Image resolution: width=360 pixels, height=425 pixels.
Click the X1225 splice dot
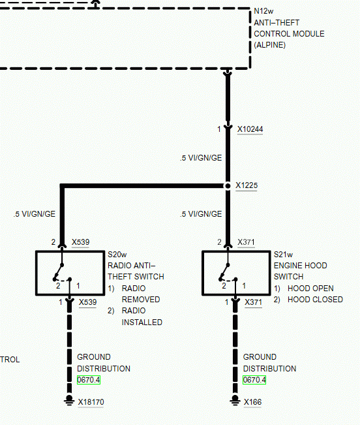tap(228, 185)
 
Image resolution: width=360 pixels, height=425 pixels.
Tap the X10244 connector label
tap(250, 129)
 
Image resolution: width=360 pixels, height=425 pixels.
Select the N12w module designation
tap(263, 11)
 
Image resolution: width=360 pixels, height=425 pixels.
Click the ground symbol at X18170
tap(69, 400)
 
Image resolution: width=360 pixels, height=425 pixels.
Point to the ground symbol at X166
tap(235, 400)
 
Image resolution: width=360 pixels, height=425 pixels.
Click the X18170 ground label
tap(91, 402)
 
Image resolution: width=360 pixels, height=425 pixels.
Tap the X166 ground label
tap(252, 402)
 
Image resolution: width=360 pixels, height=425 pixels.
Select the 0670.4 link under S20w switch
tap(89, 380)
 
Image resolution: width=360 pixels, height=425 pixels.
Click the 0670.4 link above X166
tap(254, 380)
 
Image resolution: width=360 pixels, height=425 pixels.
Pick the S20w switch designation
tap(117, 255)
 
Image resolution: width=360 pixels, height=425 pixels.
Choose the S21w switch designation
tap(283, 255)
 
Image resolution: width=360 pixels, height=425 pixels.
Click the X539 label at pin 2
tap(80, 242)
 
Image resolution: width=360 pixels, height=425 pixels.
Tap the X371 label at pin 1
tap(253, 302)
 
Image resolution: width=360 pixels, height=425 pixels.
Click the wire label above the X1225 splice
tap(201, 158)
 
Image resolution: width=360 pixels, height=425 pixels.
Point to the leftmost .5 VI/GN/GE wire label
tap(35, 214)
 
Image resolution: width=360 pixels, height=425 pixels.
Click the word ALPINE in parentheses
tap(269, 45)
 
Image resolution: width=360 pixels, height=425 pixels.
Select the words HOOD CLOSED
tap(316, 300)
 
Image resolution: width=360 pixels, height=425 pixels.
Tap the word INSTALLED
tap(142, 323)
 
